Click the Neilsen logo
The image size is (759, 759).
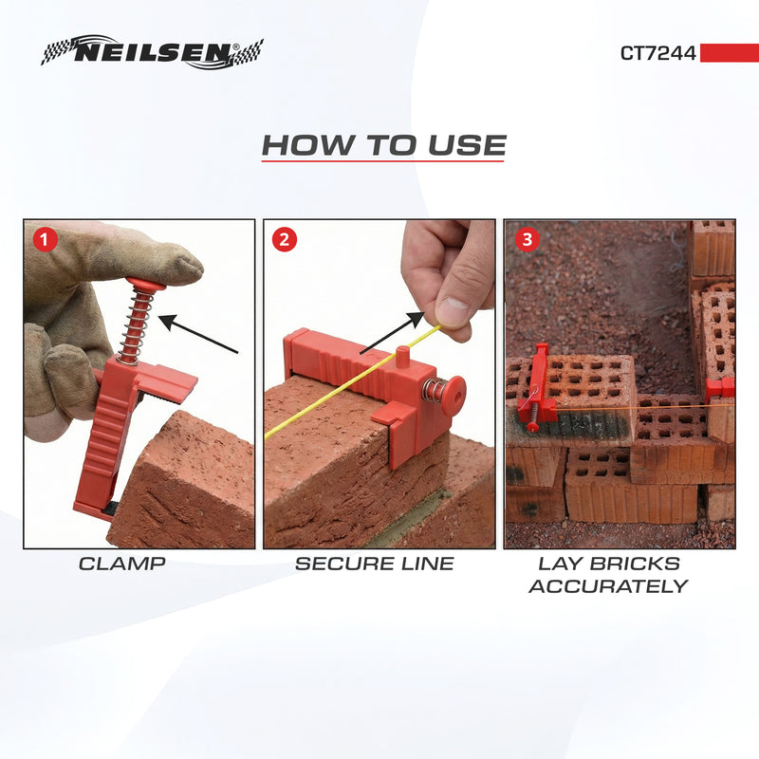[152, 52]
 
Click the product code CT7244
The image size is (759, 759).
[657, 53]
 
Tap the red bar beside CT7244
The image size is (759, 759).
[728, 53]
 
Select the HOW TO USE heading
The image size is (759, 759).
[383, 146]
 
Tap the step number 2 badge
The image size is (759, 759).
[285, 239]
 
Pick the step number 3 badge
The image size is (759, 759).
[527, 239]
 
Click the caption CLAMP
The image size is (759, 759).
[122, 564]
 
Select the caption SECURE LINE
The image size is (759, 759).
[374, 564]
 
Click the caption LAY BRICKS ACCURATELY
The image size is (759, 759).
[608, 575]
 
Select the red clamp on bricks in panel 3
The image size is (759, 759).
[536, 389]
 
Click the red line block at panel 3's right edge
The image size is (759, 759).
[721, 387]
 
